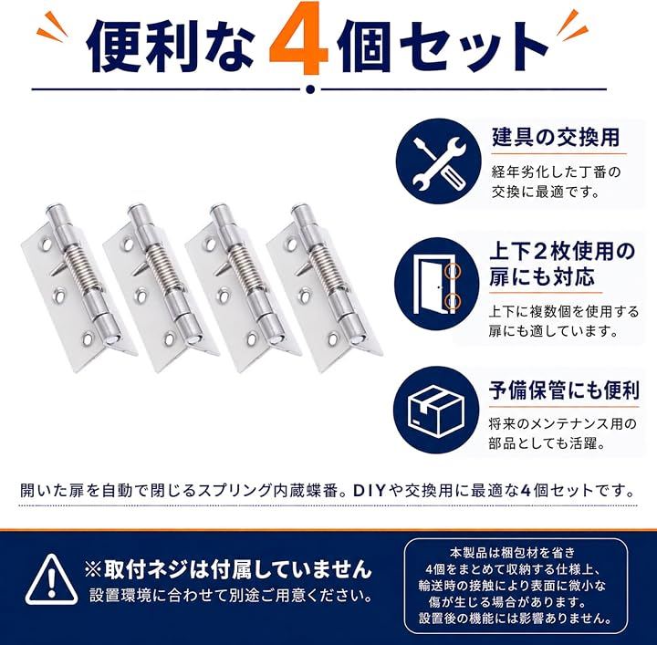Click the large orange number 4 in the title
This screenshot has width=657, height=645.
298,42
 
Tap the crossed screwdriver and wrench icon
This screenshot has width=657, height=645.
438,161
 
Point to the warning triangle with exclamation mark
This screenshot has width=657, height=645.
51,579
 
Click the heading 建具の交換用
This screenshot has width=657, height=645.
556,137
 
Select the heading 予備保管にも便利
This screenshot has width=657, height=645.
564,390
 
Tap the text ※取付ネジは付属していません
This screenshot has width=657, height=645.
228,569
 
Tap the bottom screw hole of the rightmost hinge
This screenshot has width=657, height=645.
334,338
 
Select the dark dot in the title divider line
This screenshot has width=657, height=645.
310,89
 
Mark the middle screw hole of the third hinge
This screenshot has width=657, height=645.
222,296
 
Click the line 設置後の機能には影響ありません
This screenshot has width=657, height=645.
516,619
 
